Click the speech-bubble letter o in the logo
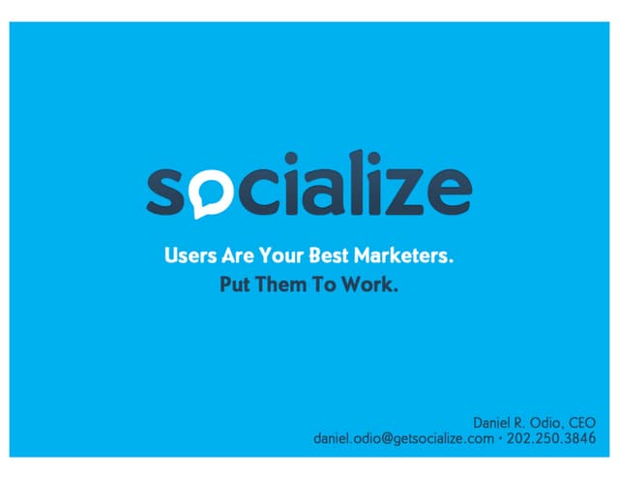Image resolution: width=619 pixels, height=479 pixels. click(x=210, y=195)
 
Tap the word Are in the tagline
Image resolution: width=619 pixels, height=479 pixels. click(x=237, y=259)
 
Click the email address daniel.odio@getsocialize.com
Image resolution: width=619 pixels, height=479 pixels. click(x=406, y=439)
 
